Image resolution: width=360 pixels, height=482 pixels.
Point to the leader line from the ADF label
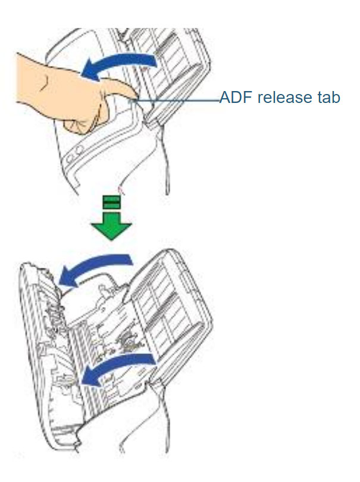[179, 101]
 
